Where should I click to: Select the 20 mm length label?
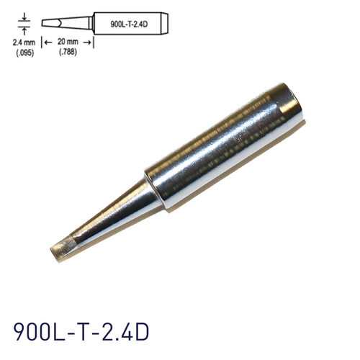coord(69,42)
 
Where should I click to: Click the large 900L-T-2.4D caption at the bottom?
coord(81,332)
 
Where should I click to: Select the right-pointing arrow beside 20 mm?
coord(89,42)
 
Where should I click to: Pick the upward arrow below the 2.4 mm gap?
coord(25,31)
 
